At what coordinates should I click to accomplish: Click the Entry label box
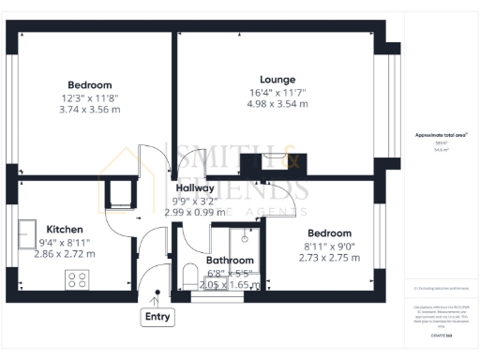click(x=157, y=318)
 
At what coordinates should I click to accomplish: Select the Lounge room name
click(x=278, y=80)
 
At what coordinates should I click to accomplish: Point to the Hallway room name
click(x=195, y=187)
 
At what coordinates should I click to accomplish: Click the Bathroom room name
click(x=230, y=260)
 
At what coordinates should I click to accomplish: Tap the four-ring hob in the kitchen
click(x=76, y=278)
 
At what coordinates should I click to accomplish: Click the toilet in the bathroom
click(x=190, y=277)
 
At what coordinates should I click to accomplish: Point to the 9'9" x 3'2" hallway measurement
click(x=195, y=200)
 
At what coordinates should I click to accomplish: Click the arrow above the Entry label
click(x=157, y=298)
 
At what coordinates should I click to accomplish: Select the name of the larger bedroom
click(x=89, y=84)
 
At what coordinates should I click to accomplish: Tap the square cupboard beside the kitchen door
click(x=120, y=194)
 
